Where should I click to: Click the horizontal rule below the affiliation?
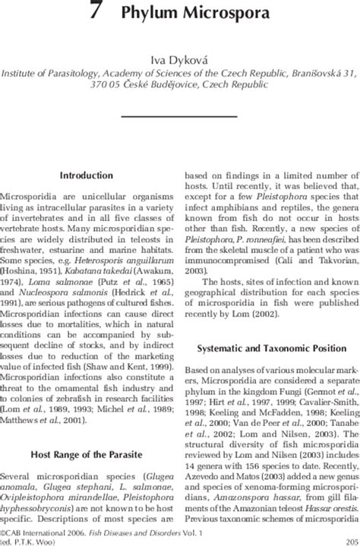180,115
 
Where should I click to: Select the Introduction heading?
86,175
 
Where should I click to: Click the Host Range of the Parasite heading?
86,454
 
